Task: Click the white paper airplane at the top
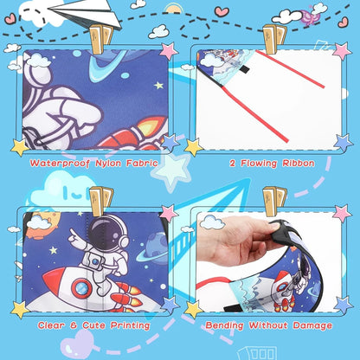pos(82,14)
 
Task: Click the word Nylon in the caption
pos(106,162)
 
